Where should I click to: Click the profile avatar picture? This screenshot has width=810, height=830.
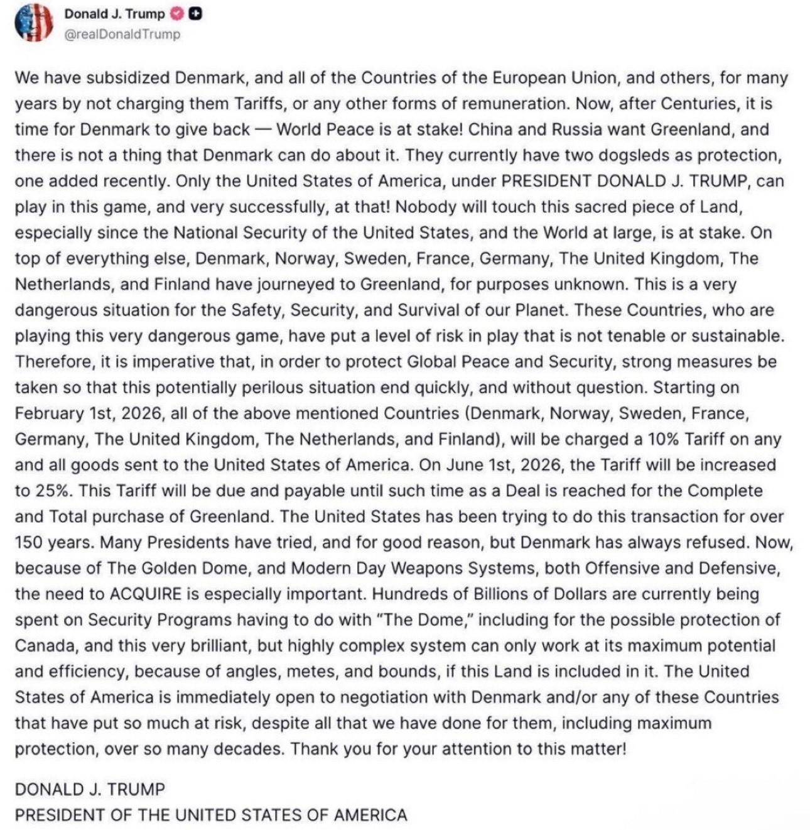[33, 23]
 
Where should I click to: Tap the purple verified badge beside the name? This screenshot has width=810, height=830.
[178, 14]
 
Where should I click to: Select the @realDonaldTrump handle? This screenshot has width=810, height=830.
[122, 35]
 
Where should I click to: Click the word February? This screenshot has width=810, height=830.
[49, 413]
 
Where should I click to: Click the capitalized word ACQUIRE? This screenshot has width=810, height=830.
[145, 594]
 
